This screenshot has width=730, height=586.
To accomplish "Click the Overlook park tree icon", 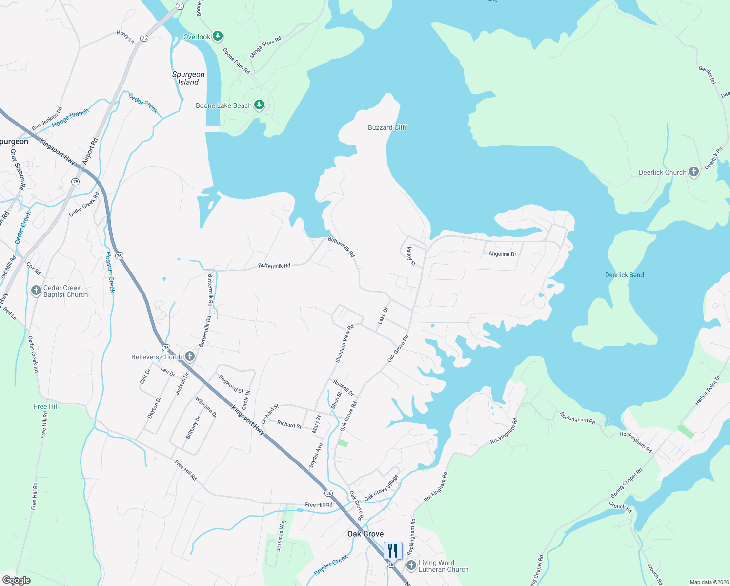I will pyautogui.click(x=218, y=36).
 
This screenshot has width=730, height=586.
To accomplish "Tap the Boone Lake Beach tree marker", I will pyautogui.click(x=259, y=105).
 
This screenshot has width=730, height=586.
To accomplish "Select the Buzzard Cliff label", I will pyautogui.click(x=387, y=127).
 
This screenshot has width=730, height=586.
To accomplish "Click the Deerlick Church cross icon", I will pyautogui.click(x=693, y=172).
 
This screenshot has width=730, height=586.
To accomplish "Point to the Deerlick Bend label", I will pyautogui.click(x=624, y=275).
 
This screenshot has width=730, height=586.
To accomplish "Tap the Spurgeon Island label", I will pyautogui.click(x=188, y=78).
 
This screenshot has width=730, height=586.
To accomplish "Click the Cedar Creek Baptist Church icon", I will pyautogui.click(x=36, y=291).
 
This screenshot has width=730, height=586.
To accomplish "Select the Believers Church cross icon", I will pyautogui.click(x=189, y=356).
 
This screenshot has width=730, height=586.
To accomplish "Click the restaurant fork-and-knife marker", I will pyautogui.click(x=393, y=550).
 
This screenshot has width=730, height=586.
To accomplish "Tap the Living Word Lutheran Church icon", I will pyautogui.click(x=411, y=565).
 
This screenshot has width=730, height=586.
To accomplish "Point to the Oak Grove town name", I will pyautogui.click(x=365, y=534).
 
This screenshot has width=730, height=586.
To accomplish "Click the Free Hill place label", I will pyautogui.click(x=46, y=406).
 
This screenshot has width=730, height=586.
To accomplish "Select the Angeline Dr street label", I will pyautogui.click(x=502, y=254).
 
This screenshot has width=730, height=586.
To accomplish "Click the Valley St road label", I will pyautogui.click(x=411, y=256).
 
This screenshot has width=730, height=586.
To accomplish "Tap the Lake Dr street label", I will pyautogui.click(x=383, y=315).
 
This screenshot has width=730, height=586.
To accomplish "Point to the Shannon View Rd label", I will pyautogui.click(x=344, y=344).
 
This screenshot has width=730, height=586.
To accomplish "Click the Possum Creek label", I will pyautogui.click(x=111, y=272).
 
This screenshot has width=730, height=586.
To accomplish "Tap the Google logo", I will pyautogui.click(x=17, y=580).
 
